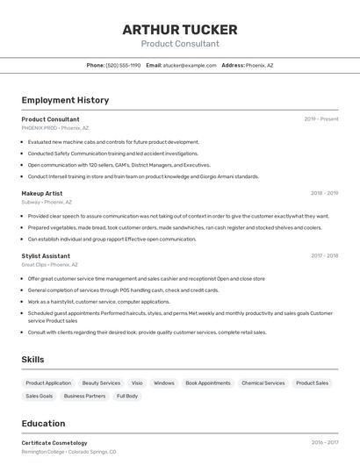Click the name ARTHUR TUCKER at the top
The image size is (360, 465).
(x=180, y=29)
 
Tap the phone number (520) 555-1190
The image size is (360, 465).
(x=123, y=65)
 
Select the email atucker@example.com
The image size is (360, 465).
(x=190, y=65)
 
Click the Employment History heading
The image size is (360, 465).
(x=65, y=100)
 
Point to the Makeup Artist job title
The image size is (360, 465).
(x=42, y=193)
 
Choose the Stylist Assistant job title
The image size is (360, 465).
(x=46, y=256)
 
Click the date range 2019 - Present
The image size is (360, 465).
(x=321, y=119)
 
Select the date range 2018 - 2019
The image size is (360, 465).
(x=324, y=193)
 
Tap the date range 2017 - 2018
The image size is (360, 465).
(x=324, y=256)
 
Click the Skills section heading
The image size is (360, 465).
(x=33, y=360)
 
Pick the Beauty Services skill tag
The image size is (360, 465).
(x=101, y=383)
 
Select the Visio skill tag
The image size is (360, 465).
(x=137, y=383)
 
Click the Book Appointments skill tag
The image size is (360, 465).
(x=208, y=383)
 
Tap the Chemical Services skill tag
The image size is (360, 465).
(x=263, y=383)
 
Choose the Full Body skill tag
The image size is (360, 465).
(x=127, y=397)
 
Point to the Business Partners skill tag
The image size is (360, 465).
(x=84, y=397)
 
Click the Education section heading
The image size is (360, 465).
(x=43, y=423)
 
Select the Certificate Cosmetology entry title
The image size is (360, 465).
(x=54, y=443)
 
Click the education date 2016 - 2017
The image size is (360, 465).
(x=324, y=443)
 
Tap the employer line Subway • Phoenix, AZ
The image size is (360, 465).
(x=48, y=202)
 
